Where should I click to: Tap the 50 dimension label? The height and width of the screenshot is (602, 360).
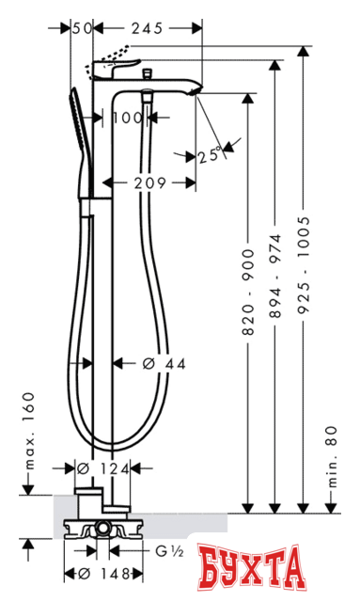pyautogui.click(x=84, y=30)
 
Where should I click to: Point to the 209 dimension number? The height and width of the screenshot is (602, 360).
pyautogui.click(x=149, y=181)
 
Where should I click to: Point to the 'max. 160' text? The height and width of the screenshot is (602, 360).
pyautogui.click(x=28, y=433)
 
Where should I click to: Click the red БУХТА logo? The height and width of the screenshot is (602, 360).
pyautogui.click(x=254, y=569)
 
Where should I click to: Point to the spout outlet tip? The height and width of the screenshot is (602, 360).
pyautogui.click(x=195, y=91)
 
